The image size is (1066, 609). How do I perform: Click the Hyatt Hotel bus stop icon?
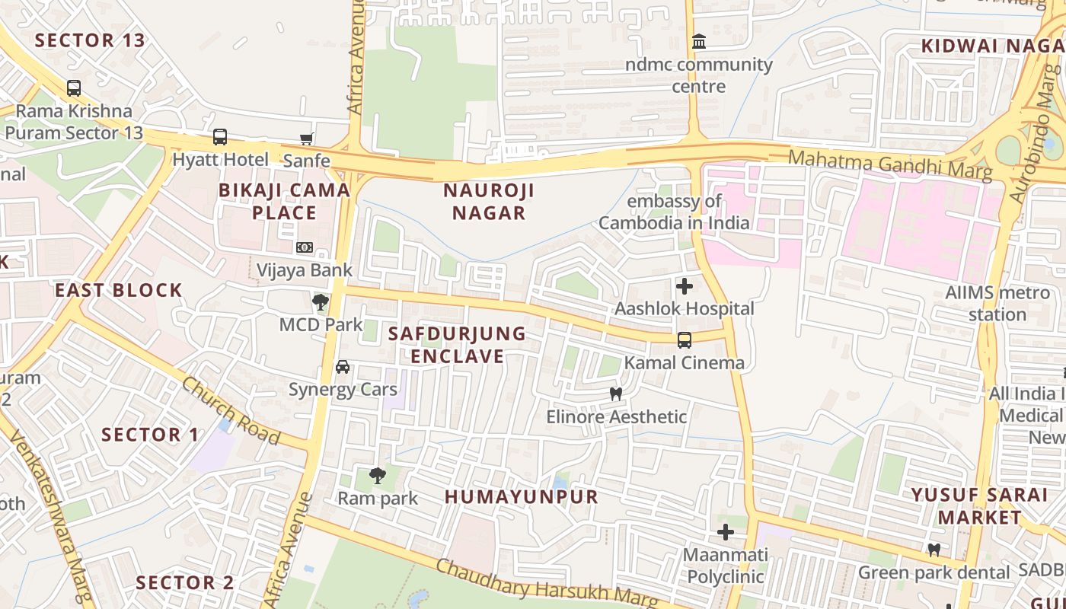click(219, 137)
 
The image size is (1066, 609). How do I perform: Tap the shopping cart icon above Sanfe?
click(306, 139)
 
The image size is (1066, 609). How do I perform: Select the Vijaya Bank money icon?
click(305, 247)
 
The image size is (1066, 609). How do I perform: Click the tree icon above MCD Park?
click(321, 302)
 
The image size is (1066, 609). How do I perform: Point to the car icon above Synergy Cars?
click(343, 367)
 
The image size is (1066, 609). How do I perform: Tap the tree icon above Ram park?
click(377, 477)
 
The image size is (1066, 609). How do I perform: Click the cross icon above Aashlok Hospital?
click(685, 286)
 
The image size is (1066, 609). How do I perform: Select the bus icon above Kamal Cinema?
click(685, 340)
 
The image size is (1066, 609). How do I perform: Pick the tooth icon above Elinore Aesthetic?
click(616, 394)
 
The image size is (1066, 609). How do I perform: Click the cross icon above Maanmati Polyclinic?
click(726, 531)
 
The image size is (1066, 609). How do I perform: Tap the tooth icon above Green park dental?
click(934, 550)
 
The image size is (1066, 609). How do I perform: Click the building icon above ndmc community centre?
click(698, 42)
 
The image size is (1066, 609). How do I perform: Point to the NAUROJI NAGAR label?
click(489, 202)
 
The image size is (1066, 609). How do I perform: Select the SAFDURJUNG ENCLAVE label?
click(457, 345)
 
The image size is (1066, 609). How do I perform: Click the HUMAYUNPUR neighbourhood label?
click(522, 497)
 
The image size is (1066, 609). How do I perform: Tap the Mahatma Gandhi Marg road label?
click(890, 165)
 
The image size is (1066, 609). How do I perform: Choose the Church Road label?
click(230, 410)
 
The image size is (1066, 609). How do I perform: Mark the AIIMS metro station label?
click(986, 303)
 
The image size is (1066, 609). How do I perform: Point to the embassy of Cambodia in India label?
click(674, 212)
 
